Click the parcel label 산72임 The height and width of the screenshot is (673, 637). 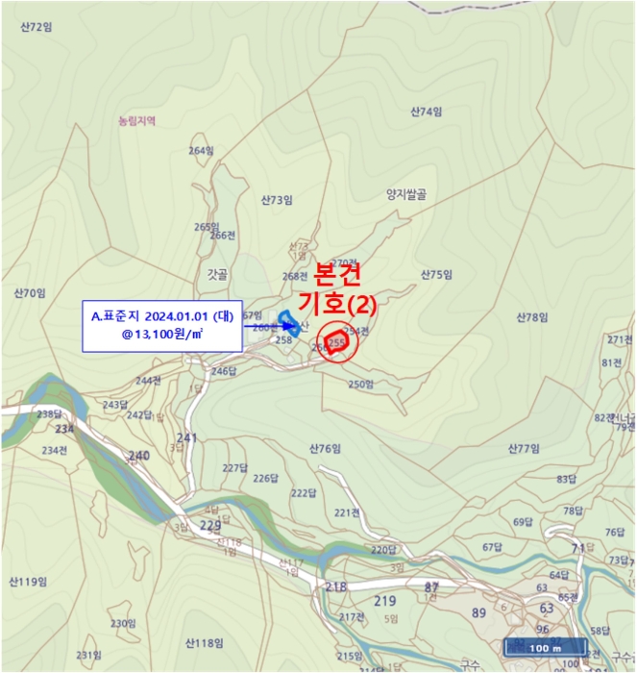point(36,27)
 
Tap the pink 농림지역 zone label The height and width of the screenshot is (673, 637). point(136,122)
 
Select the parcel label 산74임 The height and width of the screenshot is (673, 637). point(426,112)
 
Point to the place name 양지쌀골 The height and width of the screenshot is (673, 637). point(405,193)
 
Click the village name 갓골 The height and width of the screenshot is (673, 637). point(217,274)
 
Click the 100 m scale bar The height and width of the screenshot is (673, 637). point(545,647)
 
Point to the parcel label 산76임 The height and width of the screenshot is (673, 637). point(326,449)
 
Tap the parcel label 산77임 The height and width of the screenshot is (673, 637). point(526,449)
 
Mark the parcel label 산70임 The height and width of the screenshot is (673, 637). point(30,292)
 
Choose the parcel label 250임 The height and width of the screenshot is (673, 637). point(360,385)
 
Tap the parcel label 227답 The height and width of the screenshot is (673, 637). point(235,468)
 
